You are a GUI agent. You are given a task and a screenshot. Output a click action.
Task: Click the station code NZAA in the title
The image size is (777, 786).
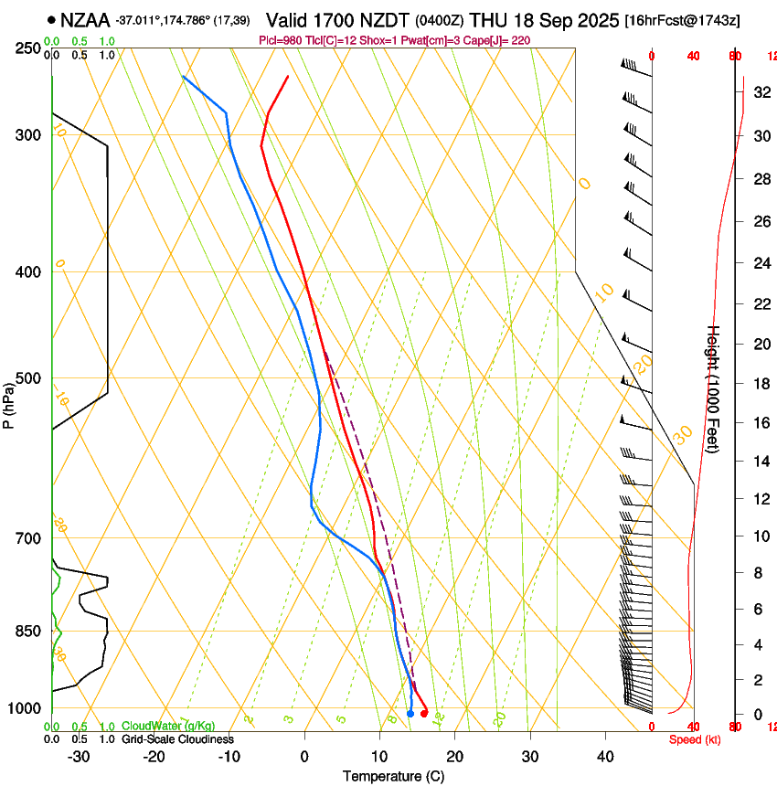(x=87, y=19)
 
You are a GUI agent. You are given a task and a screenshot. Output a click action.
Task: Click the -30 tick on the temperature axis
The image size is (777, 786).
(x=79, y=757)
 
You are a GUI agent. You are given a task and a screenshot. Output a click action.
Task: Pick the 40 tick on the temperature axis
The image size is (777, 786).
(x=605, y=757)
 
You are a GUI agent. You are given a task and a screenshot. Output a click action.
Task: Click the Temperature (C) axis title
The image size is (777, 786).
(x=393, y=776)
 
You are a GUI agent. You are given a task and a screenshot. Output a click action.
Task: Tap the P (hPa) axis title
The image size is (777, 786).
(x=9, y=402)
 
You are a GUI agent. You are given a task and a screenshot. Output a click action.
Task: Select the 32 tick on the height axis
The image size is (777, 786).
(x=761, y=92)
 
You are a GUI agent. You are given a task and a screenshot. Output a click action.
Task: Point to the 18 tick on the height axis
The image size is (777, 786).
(x=761, y=384)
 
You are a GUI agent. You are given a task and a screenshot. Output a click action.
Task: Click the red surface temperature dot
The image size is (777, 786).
(x=423, y=713)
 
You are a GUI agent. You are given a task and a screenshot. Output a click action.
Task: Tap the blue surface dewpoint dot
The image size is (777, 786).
(x=410, y=713)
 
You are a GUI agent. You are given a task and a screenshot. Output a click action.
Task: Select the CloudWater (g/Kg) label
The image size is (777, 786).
(x=168, y=727)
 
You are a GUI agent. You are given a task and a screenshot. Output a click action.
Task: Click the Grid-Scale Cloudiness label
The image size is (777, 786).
(x=177, y=739)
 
